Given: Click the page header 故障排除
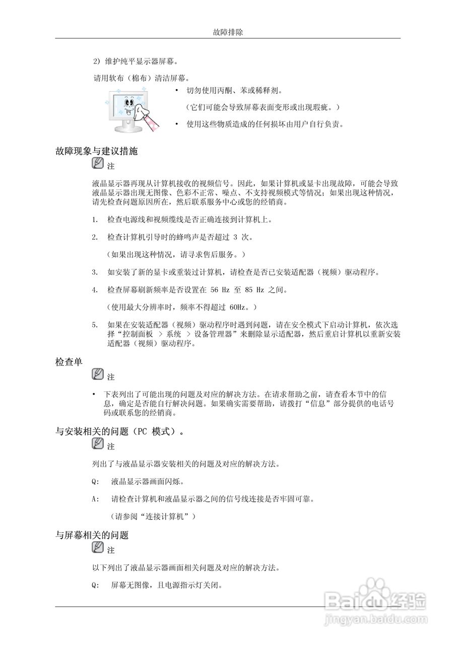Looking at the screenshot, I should point(228,32).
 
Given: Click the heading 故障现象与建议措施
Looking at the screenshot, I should point(96,151).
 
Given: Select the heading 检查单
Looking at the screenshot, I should point(69,362).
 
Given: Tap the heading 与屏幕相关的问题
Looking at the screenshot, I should point(92,535).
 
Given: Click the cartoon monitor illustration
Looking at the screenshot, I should point(131,111).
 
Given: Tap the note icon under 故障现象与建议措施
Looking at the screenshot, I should point(98,164).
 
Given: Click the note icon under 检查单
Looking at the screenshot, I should point(98,375).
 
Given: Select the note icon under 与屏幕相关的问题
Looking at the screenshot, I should point(98,548).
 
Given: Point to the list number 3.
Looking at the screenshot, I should point(95,273).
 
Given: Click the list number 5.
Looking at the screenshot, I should point(95,325).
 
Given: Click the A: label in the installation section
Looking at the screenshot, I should point(95,499).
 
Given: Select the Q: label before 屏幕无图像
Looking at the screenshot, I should point(95,586).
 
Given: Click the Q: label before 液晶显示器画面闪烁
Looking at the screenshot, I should point(95,481).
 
